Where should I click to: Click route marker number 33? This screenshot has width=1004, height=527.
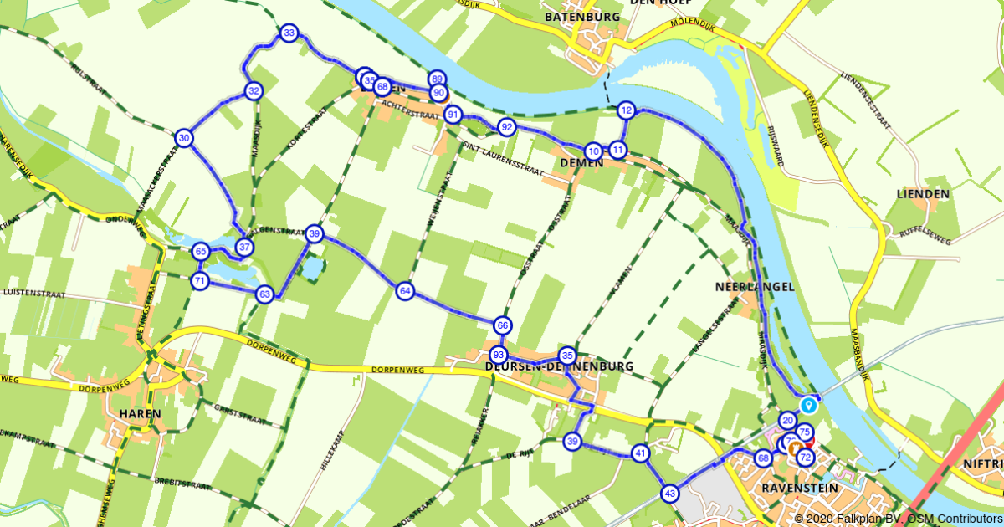coord(289,33)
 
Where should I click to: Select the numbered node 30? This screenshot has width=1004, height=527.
coord(185,138)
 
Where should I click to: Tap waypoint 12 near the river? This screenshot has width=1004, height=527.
coord(626,110)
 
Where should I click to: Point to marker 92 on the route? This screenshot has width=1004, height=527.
coord(506,127)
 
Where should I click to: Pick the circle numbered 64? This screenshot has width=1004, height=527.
coord(406,291)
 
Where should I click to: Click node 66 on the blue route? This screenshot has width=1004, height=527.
coord(502,325)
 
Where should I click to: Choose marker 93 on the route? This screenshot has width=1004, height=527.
coord(499,355)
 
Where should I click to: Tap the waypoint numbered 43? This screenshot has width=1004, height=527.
coord(669,494)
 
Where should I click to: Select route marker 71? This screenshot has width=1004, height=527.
coord(199,281)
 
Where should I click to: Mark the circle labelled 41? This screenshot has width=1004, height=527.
coord(641,454)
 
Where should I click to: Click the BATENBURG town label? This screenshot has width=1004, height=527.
coord(581,17)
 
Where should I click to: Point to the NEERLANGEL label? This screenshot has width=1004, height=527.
coord(755,286)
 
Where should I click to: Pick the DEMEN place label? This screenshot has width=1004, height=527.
coord(578,163)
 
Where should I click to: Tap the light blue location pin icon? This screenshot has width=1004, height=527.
coord(808,405)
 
